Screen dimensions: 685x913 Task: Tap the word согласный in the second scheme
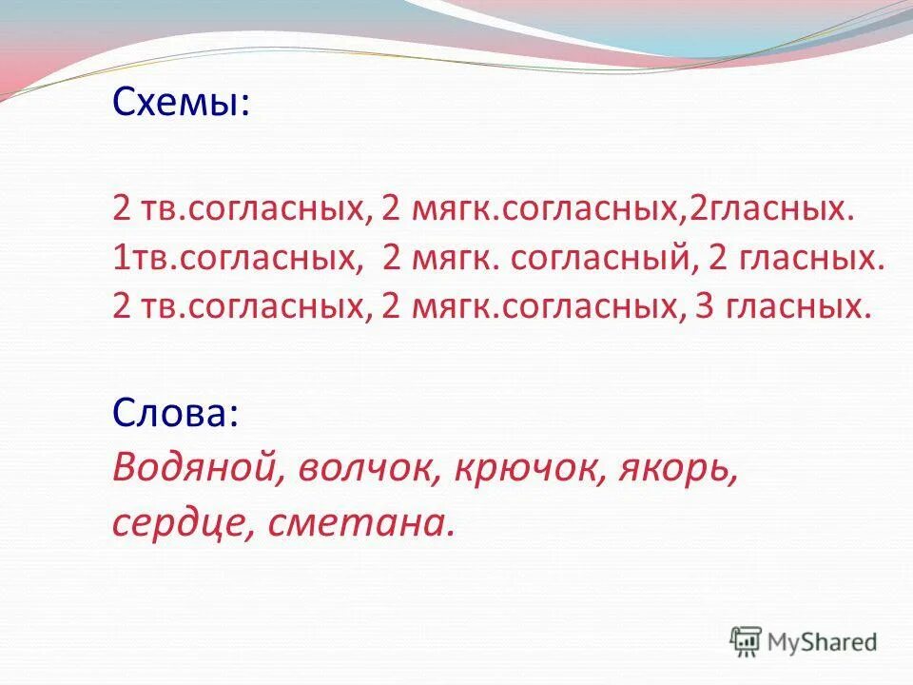(595, 258)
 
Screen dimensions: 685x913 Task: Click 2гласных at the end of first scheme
(767, 209)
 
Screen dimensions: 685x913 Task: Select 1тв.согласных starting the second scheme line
(235, 258)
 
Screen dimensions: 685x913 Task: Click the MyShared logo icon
(746, 642)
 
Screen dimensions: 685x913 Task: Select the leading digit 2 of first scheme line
(120, 209)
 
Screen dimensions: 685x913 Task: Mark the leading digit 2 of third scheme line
(120, 307)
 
